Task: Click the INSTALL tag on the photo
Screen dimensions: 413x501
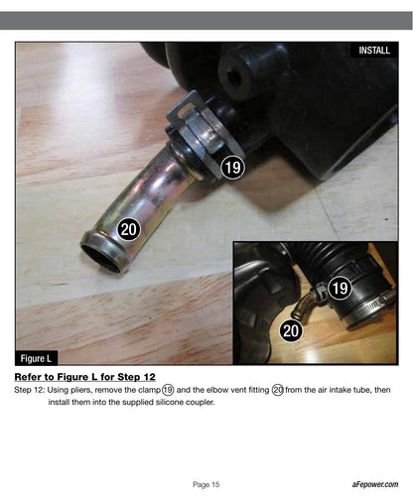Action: click(x=374, y=50)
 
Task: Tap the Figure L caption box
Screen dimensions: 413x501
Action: click(x=36, y=358)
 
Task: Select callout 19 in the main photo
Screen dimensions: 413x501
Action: click(x=232, y=168)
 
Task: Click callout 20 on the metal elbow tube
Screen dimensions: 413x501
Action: click(x=129, y=229)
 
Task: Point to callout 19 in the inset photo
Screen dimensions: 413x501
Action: click(x=340, y=288)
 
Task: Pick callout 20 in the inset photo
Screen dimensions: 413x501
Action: click(x=291, y=330)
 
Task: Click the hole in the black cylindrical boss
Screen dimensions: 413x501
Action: click(x=234, y=77)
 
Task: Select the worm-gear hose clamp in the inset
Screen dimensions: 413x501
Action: click(x=370, y=306)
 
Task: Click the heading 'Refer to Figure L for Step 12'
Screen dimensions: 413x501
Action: click(x=84, y=377)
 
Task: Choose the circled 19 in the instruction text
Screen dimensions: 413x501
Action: click(x=168, y=390)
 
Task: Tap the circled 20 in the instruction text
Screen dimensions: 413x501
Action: click(x=278, y=390)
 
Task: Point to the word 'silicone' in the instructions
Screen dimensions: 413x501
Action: click(x=169, y=402)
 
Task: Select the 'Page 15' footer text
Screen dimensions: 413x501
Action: click(x=206, y=484)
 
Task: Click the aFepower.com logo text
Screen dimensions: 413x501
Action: click(x=375, y=484)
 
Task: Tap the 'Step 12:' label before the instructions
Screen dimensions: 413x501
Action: click(x=29, y=390)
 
